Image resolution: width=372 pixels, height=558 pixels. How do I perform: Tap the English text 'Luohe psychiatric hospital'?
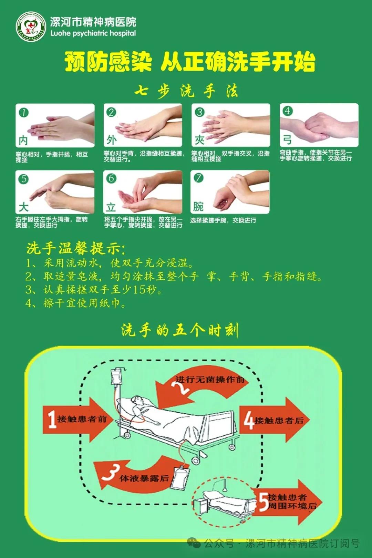coord(93,33)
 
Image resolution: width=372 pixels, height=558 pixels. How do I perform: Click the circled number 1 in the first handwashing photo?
coord(24,113)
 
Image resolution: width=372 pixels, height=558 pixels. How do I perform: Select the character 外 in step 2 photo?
coord(111,140)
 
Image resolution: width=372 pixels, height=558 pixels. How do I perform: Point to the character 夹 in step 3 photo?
coord(199,140)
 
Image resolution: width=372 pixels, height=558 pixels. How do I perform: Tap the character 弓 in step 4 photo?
coord(287,140)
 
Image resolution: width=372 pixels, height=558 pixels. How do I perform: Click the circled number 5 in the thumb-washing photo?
coord(24,179)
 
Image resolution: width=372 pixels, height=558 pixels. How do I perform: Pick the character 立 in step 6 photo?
coord(111,207)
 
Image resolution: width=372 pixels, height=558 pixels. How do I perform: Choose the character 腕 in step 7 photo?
coord(198,207)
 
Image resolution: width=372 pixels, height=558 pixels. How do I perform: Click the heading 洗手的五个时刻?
coord(180,330)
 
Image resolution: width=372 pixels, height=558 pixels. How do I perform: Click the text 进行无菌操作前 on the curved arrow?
coord(210,380)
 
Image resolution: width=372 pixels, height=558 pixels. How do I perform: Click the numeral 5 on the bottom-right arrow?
coord(263,502)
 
